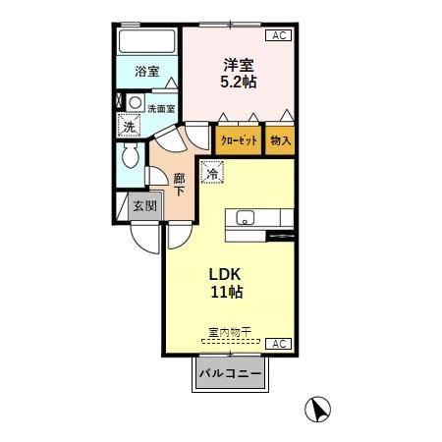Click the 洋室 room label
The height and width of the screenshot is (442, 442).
(x=237, y=66)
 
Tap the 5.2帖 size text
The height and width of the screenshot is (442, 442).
(x=237, y=83)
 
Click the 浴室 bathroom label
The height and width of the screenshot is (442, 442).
(x=146, y=72)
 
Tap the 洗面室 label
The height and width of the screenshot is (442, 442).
(x=161, y=109)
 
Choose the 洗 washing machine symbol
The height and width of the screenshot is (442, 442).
(x=128, y=126)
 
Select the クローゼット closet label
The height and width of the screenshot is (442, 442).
(x=239, y=141)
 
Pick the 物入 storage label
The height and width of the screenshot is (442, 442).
(x=281, y=141)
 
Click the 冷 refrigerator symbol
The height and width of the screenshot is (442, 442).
(x=213, y=174)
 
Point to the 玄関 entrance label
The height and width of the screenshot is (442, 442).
(x=144, y=207)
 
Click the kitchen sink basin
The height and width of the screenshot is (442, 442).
(x=244, y=218)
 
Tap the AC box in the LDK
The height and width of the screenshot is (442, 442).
(x=278, y=343)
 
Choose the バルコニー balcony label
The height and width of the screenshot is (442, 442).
(x=230, y=374)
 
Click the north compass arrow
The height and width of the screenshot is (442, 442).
(x=317, y=408)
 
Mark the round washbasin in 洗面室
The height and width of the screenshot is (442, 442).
(x=135, y=101)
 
